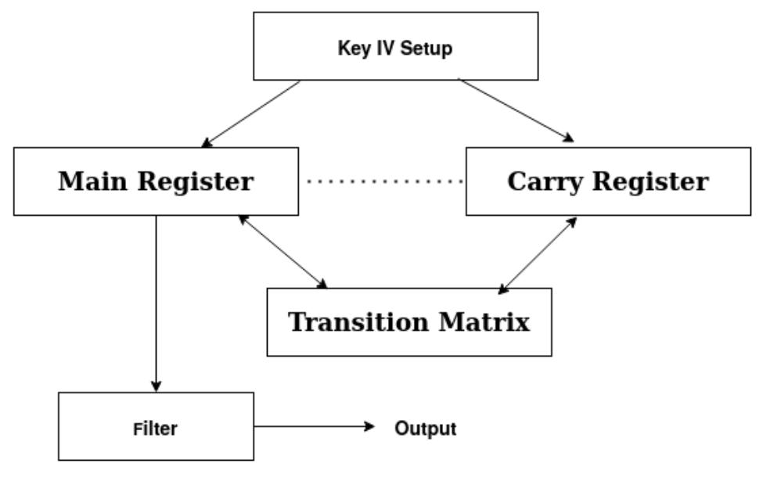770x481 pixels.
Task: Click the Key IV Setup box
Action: click(x=395, y=45)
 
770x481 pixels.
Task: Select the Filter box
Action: click(x=157, y=427)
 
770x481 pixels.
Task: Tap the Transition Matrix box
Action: click(x=409, y=321)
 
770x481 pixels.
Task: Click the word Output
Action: click(x=425, y=429)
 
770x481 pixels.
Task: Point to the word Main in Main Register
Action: click(x=93, y=181)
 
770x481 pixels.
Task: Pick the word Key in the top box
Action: click(x=349, y=48)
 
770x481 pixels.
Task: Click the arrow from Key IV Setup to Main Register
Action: click(x=250, y=113)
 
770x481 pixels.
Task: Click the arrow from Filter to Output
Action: click(x=313, y=427)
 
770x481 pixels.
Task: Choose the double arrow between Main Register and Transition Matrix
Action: click(x=283, y=251)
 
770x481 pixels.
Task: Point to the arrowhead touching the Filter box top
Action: click(x=156, y=386)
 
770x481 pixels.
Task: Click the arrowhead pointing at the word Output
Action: click(x=370, y=427)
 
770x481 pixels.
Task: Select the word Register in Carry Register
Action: click(x=650, y=181)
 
